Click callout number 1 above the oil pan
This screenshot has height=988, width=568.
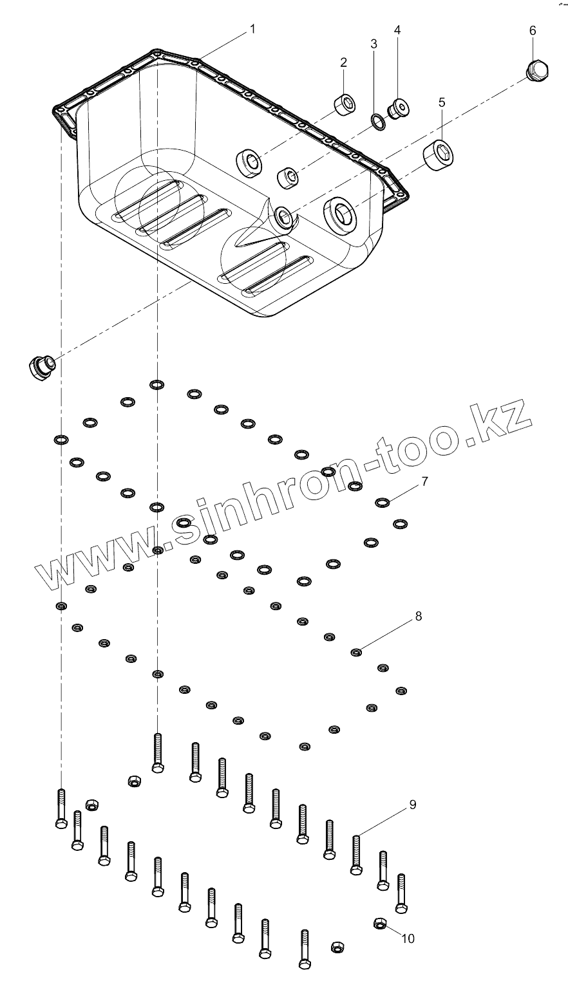[x=252, y=29]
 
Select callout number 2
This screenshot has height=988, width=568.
[x=344, y=62]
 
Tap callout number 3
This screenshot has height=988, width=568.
[x=374, y=44]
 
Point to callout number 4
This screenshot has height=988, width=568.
[x=397, y=30]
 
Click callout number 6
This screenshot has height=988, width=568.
[x=533, y=30]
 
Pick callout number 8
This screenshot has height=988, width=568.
[x=418, y=616]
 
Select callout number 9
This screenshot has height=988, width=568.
[x=412, y=805]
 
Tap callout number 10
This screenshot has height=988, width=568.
[x=408, y=938]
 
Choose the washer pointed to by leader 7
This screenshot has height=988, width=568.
[x=382, y=502]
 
